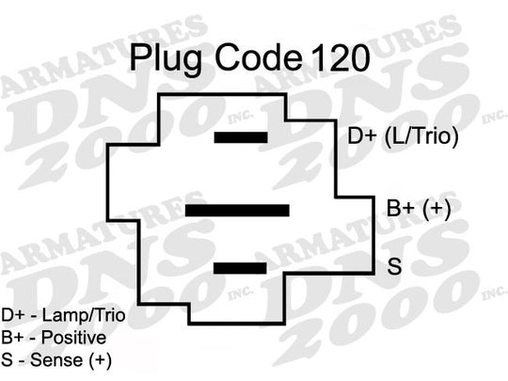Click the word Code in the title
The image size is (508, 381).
click(x=258, y=58)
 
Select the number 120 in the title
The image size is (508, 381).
click(x=341, y=58)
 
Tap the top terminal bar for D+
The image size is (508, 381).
click(x=241, y=137)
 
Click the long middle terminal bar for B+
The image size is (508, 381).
click(x=237, y=211)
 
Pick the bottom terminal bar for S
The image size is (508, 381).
click(x=240, y=268)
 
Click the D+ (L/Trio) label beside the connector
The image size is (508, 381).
click(x=403, y=136)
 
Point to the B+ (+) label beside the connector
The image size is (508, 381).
click(x=419, y=208)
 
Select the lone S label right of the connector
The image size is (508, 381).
click(x=394, y=266)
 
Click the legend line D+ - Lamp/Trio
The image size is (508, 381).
click(x=63, y=316)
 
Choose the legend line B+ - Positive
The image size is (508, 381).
click(x=54, y=338)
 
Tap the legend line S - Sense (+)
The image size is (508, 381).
click(x=56, y=360)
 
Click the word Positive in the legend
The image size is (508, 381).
click(x=74, y=338)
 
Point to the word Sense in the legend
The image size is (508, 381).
click(x=56, y=360)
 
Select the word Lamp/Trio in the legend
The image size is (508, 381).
click(x=84, y=316)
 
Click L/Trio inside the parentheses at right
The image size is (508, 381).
click(x=421, y=136)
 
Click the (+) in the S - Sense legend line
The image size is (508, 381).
click(x=100, y=361)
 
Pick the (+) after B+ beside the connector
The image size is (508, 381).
click(x=437, y=209)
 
